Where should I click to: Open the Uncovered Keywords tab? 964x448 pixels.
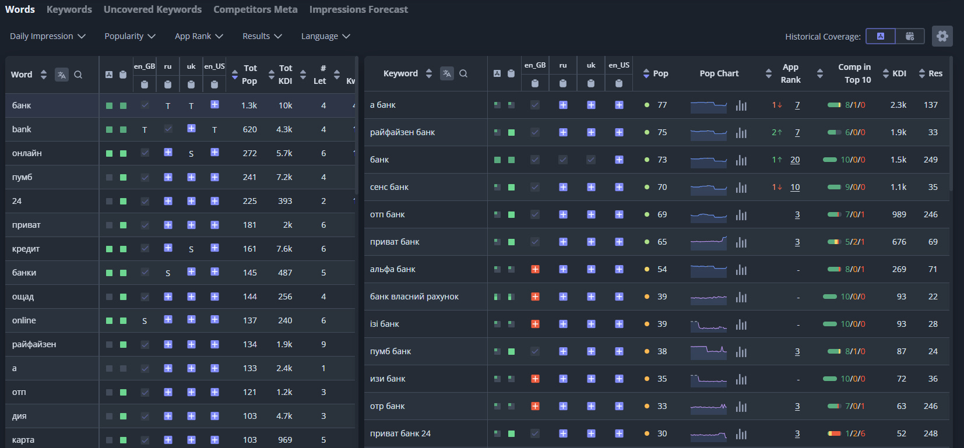pos(152,9)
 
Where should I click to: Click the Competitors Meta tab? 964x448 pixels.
pos(255,9)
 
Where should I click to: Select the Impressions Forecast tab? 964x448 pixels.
pos(358,9)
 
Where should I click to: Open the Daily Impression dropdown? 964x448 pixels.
pos(47,36)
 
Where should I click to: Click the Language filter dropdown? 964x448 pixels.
pos(325,36)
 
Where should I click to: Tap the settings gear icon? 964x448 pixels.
pos(942,36)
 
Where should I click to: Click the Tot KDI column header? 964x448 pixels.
pos(285,75)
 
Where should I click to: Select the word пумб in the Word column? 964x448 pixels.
pos(22,177)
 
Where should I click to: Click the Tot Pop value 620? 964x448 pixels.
pos(249,129)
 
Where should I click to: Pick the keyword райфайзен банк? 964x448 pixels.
pos(402,132)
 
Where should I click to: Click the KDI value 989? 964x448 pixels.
pos(899,214)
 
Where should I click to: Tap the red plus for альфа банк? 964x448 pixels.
pos(535,269)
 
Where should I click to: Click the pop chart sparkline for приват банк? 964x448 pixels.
pos(708,242)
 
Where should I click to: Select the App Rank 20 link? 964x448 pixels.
pos(795,160)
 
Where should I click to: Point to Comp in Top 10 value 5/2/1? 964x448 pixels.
pos(854,242)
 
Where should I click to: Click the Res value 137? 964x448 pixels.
pos(930,105)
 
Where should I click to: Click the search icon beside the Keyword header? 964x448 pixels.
pos(463,73)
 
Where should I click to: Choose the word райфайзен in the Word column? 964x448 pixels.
pos(34,344)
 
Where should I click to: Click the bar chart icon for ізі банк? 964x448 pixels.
pos(741,324)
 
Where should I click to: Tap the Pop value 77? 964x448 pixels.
pos(662,105)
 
